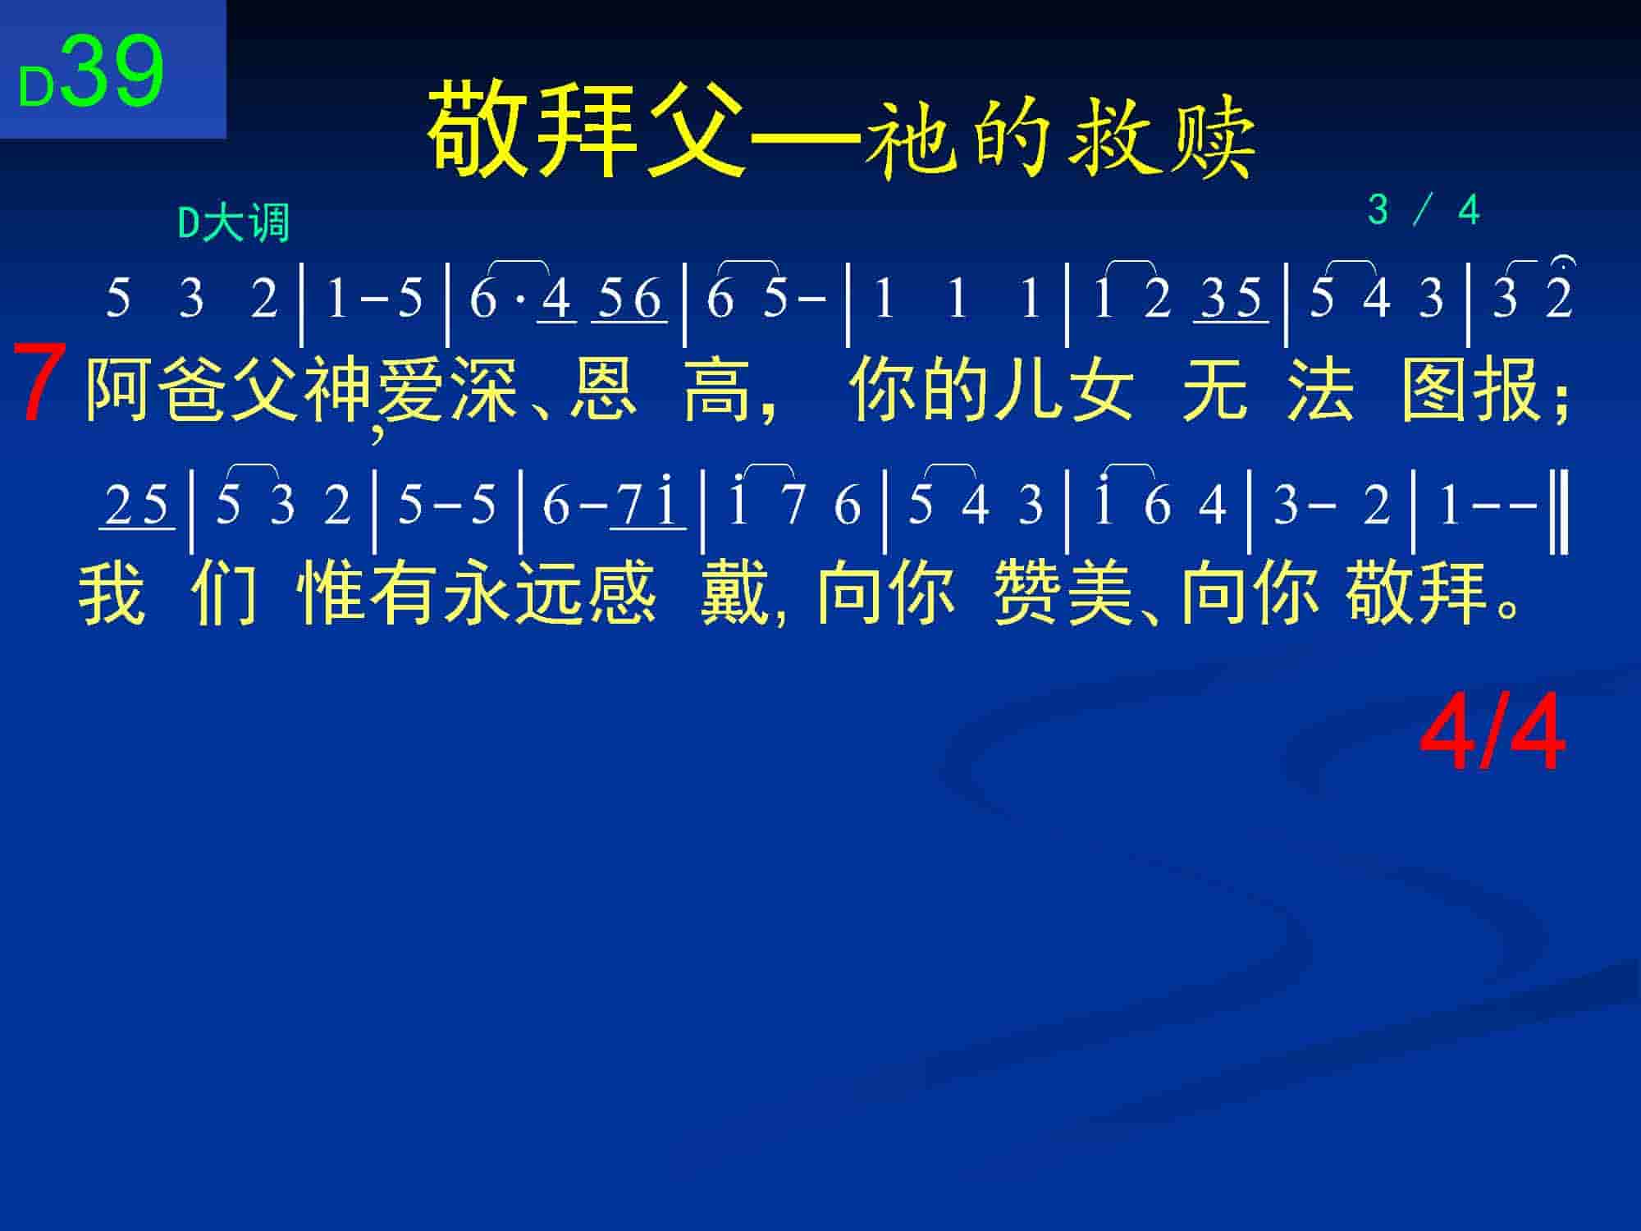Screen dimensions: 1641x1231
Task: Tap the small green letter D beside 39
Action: [x=36, y=87]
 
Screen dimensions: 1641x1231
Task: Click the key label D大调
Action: [x=235, y=222]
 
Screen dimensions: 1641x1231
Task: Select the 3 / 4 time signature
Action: [x=1424, y=210]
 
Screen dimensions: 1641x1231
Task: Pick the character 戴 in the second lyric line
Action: [x=734, y=593]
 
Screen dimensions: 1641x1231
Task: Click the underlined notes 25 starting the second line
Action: [x=137, y=506]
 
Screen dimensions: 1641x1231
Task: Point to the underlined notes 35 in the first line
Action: [x=1231, y=300]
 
